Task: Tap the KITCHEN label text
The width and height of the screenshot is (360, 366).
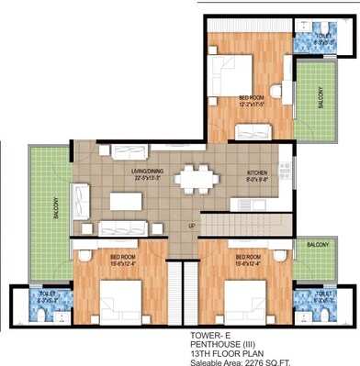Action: tap(256, 173)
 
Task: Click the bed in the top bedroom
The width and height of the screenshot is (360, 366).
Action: tap(233, 69)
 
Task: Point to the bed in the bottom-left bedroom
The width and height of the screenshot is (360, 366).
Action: tap(118, 295)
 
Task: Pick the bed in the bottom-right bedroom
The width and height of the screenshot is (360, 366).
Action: tap(242, 295)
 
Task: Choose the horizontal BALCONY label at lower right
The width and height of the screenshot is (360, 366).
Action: tap(319, 245)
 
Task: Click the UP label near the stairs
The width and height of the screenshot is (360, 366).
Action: tap(191, 225)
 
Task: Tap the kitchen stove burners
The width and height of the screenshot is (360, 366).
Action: tap(286, 171)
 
